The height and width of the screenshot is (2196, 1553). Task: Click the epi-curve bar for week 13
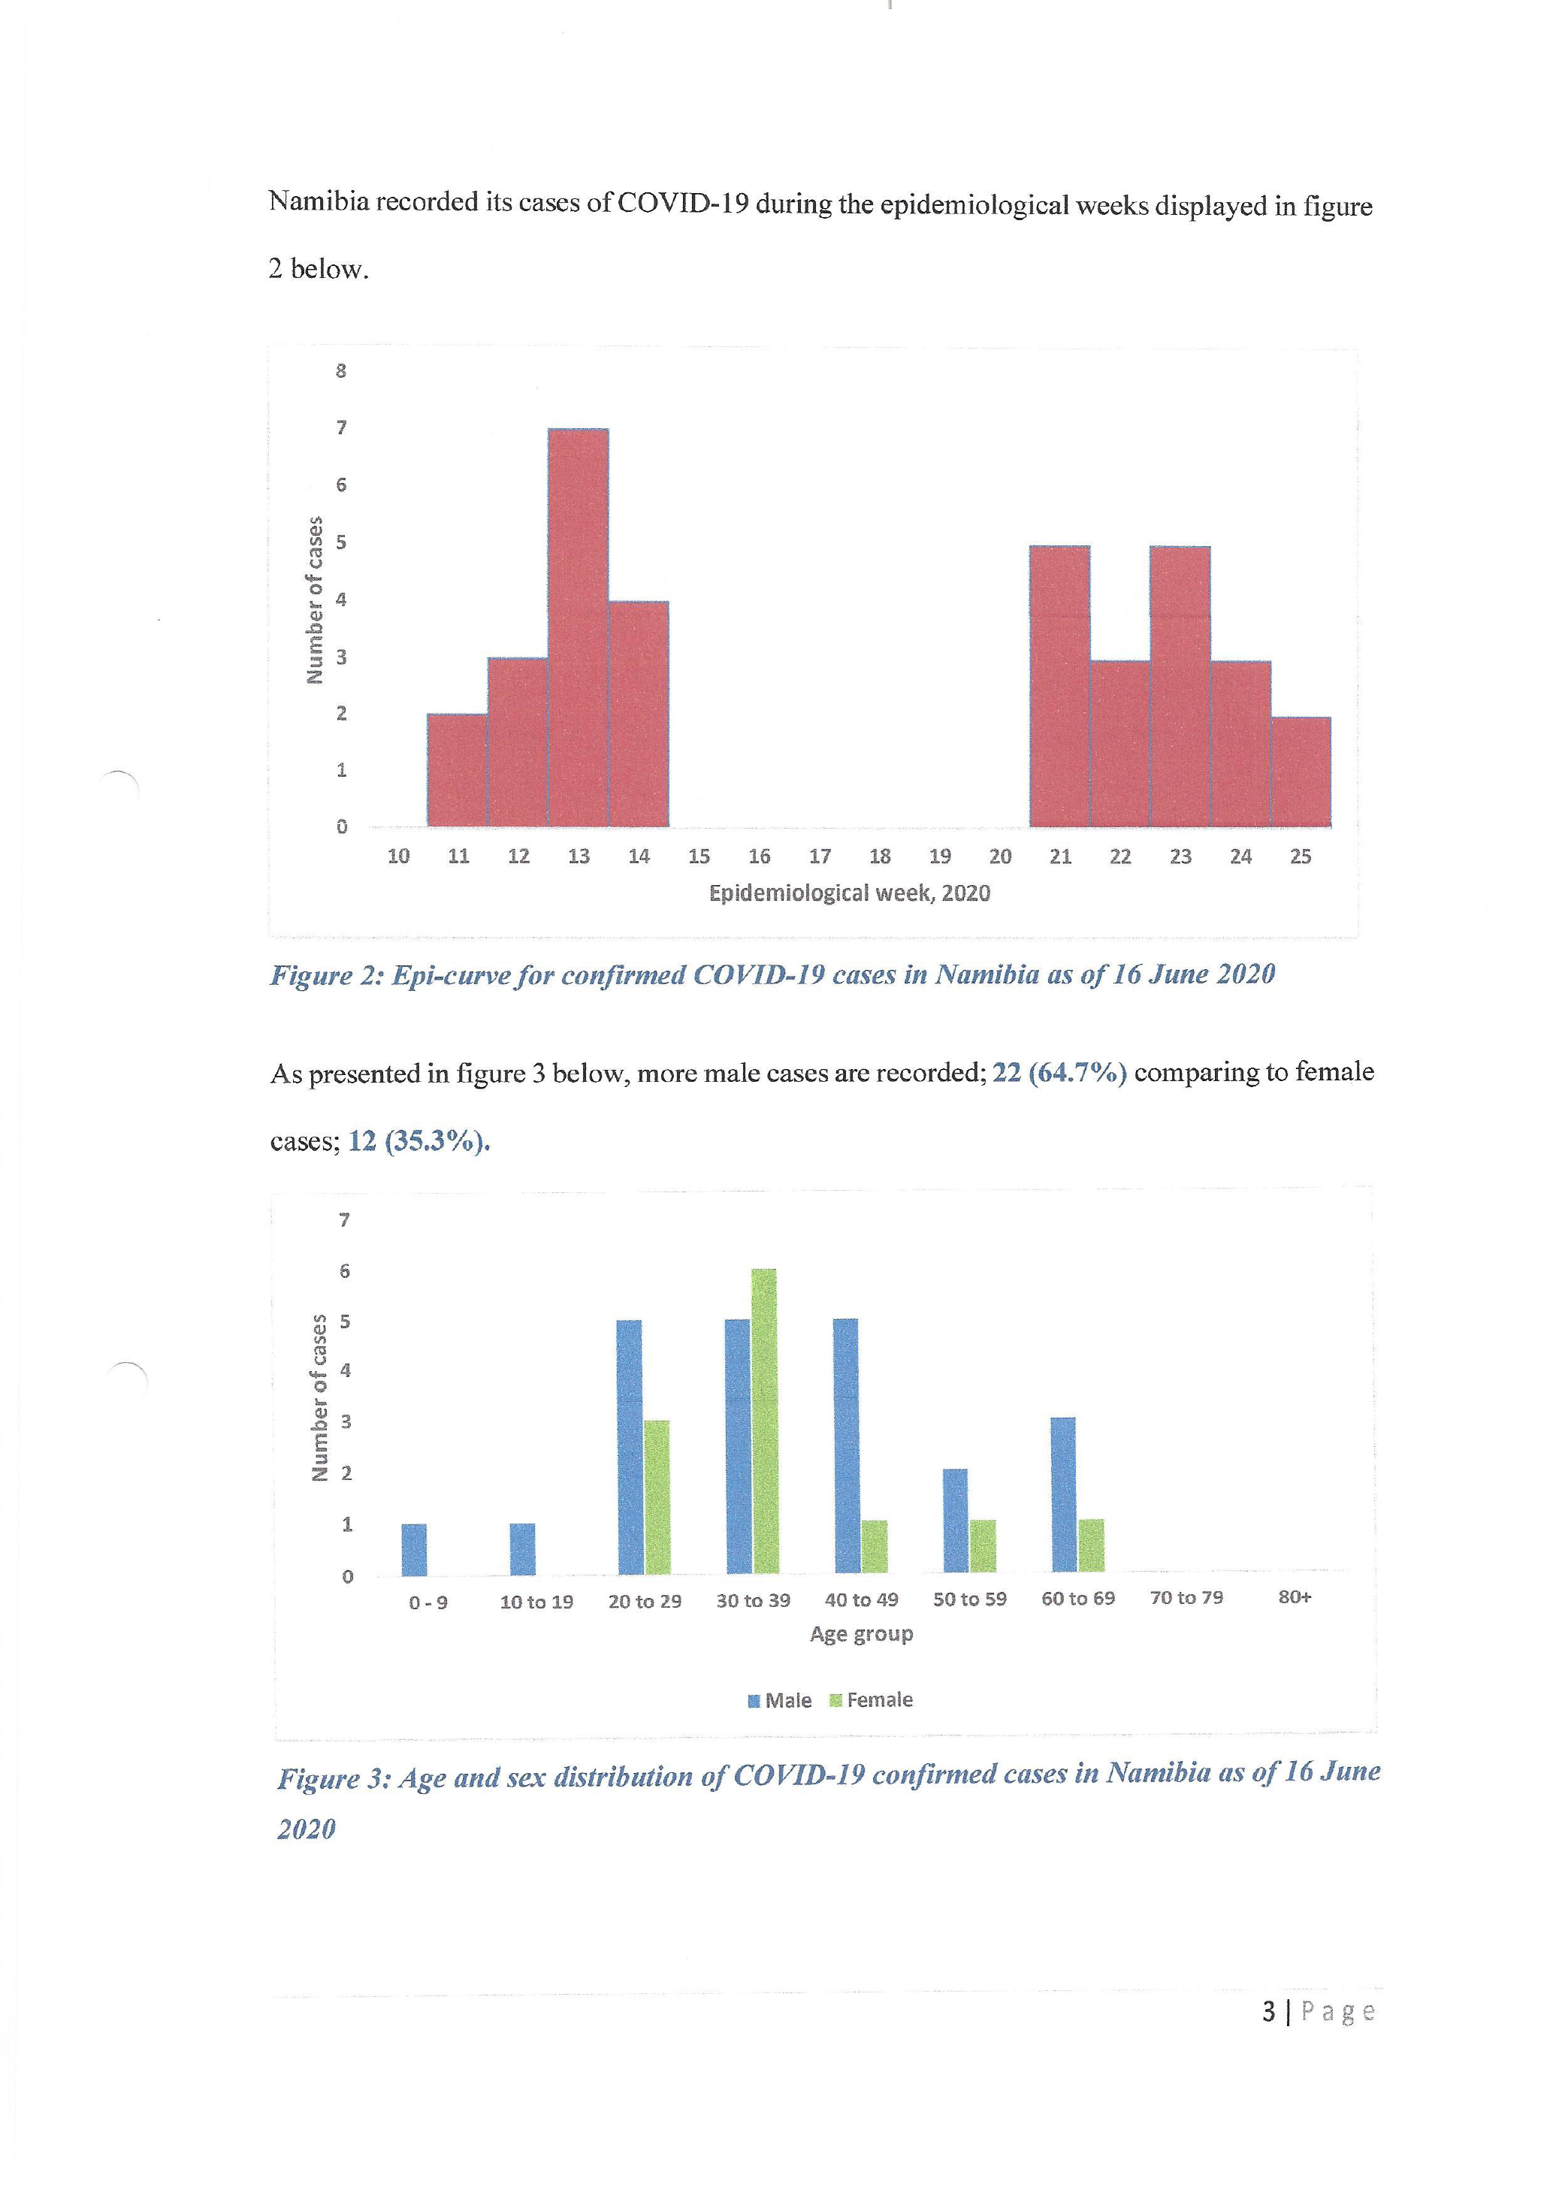(578, 627)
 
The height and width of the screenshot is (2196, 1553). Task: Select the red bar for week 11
(457, 770)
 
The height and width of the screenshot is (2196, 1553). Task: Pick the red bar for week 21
(1059, 686)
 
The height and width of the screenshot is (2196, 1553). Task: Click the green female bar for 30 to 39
(764, 1421)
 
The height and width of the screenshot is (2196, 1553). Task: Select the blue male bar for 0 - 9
(414, 1549)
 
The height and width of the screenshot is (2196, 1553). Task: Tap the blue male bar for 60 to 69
(1062, 1495)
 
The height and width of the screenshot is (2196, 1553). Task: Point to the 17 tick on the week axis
(820, 857)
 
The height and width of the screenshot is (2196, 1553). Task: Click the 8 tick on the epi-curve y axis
(341, 371)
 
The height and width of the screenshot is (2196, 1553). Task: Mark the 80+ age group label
(1295, 1597)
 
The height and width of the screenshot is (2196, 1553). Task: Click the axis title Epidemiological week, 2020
(849, 893)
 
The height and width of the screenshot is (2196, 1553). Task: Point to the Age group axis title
(861, 1633)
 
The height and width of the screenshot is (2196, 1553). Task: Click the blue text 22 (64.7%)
(1059, 1073)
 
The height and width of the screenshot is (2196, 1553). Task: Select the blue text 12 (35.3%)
(418, 1141)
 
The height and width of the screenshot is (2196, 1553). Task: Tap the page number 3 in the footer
(1268, 2013)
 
